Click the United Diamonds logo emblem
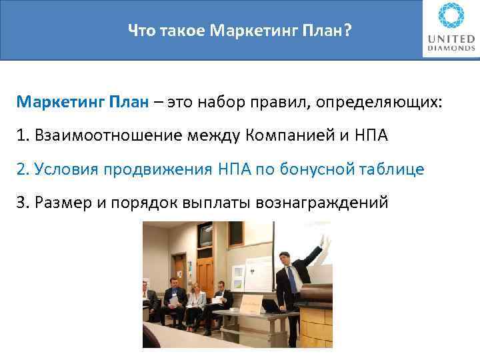click(451, 16)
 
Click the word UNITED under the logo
click(451, 39)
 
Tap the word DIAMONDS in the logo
click(451, 49)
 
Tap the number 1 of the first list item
click(23, 137)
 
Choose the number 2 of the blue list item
click(23, 169)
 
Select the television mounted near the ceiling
click(204, 235)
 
